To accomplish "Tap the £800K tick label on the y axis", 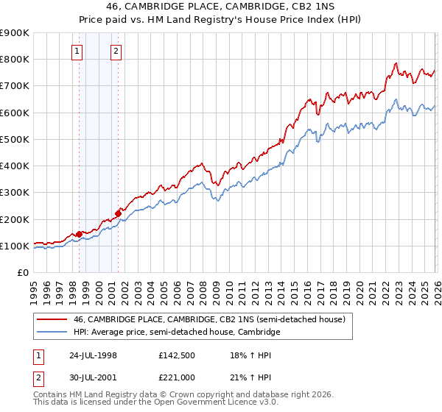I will [15, 59].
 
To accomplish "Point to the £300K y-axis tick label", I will [15, 193].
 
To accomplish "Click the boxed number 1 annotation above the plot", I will [78, 51].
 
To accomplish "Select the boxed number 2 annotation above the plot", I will [116, 51].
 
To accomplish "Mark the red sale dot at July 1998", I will [80, 234].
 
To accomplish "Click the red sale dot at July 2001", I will [118, 213].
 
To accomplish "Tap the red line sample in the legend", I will [52, 319].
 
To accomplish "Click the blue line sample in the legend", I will [52, 333].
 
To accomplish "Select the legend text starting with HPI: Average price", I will [177, 333].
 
